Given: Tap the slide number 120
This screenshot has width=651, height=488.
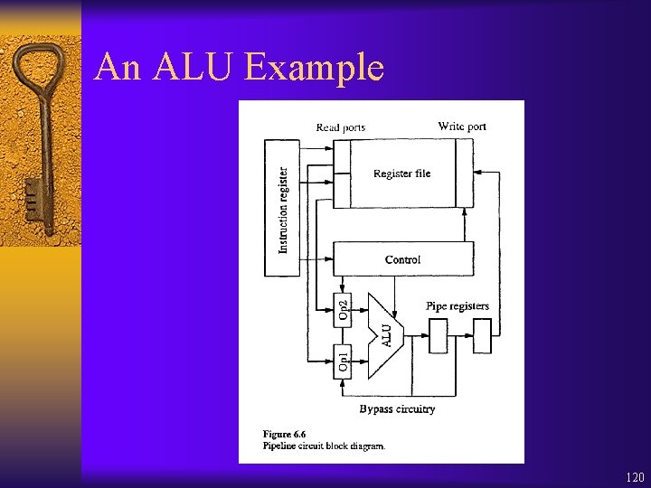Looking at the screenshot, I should point(635,477).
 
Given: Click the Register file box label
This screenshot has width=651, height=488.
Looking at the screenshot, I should point(402,174).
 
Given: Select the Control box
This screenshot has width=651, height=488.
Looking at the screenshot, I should point(402,259).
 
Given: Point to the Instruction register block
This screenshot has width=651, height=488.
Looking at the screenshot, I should point(282,208).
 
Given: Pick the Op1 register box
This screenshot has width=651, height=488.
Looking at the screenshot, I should point(343,361).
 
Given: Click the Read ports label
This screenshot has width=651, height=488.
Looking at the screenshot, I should point(341,127).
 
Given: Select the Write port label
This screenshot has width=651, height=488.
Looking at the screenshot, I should point(462,127).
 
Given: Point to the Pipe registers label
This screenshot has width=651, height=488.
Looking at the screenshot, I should point(458,306).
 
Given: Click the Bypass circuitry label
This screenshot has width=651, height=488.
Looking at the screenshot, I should point(397,409).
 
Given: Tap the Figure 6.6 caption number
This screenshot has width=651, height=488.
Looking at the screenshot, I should point(285,435).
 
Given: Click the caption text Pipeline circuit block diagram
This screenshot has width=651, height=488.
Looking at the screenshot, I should point(325,446).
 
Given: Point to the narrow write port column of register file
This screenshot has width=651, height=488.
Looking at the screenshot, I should point(464,174).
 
